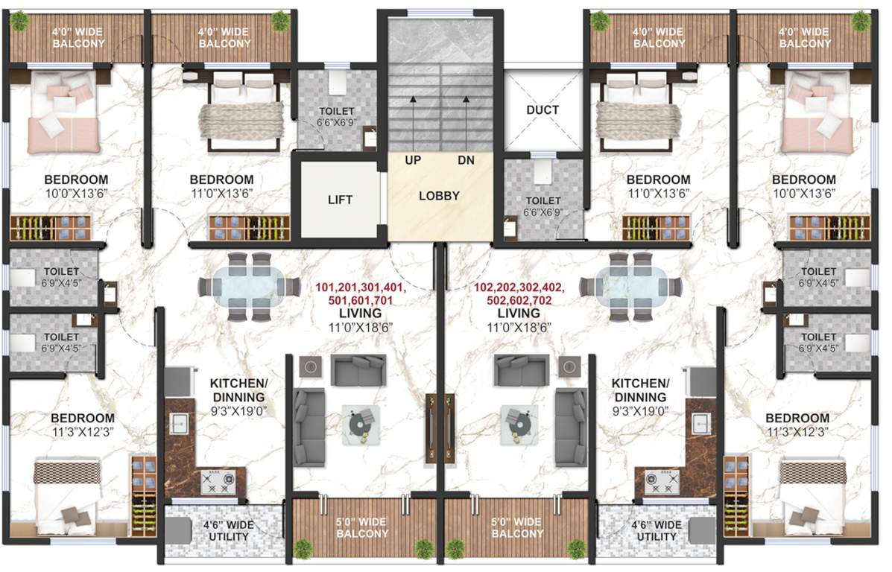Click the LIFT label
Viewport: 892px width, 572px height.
(x=339, y=200)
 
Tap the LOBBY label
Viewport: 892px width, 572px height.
(x=439, y=197)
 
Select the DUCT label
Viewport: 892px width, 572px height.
(x=542, y=110)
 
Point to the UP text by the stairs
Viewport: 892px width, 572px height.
(x=414, y=160)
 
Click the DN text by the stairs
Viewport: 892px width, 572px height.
(x=466, y=160)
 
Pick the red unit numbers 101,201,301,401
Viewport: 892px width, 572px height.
(x=361, y=287)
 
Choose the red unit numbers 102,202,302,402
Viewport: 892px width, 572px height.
(x=520, y=287)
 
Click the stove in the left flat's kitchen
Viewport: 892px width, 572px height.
(x=217, y=484)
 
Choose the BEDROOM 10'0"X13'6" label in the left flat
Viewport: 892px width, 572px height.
(x=75, y=186)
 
